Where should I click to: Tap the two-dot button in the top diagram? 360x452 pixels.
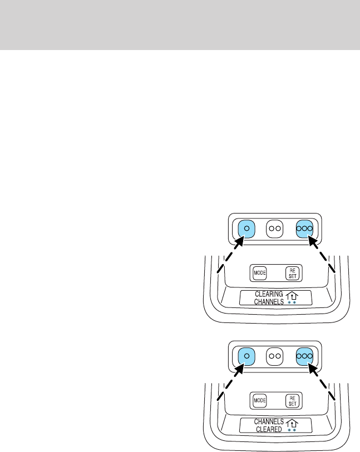[x=274, y=228]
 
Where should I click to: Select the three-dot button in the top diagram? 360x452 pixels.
[x=305, y=228]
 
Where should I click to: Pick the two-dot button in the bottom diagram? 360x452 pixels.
[x=274, y=355]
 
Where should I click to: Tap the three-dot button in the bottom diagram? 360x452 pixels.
[x=305, y=355]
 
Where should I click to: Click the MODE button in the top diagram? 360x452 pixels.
[x=260, y=273]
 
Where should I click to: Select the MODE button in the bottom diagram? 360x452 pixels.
[x=260, y=400]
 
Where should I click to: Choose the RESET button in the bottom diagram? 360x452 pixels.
[x=292, y=400]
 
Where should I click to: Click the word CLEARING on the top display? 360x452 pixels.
[x=269, y=294]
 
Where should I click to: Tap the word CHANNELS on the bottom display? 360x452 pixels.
[x=269, y=421]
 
